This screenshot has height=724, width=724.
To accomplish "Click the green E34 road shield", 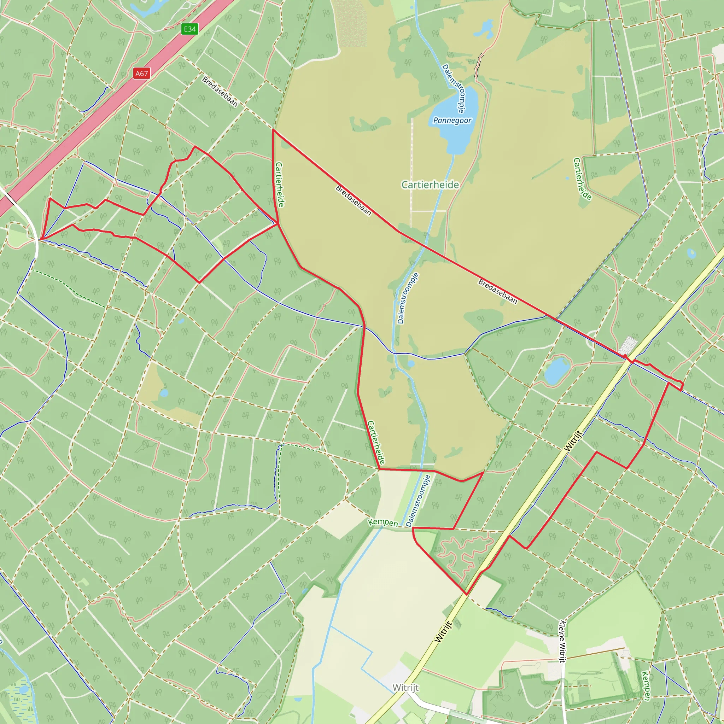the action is [189, 29].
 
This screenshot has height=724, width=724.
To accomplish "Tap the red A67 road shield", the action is [142, 74].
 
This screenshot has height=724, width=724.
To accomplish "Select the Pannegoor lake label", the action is [452, 120].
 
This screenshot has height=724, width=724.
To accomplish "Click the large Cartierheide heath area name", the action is [430, 185].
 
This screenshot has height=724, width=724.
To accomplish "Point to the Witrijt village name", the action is [405, 688].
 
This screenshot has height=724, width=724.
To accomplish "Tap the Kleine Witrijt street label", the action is [562, 641].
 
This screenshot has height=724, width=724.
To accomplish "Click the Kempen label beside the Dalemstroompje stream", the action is [383, 522].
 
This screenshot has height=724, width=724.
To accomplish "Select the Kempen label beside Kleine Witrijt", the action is [646, 685].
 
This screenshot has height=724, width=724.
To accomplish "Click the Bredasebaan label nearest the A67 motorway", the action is [220, 92].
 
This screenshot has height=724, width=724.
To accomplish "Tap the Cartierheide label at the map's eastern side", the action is [582, 179].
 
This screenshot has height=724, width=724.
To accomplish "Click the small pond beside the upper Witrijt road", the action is [557, 370].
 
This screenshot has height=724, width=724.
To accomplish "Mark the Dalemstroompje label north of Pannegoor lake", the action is [454, 88].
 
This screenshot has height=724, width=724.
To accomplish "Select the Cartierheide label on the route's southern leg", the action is [376, 442].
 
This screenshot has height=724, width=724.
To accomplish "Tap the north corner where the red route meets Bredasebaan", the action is [273, 130].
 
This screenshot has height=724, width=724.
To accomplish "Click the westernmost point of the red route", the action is [42, 239].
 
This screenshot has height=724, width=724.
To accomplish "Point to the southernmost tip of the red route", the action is [467, 594].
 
